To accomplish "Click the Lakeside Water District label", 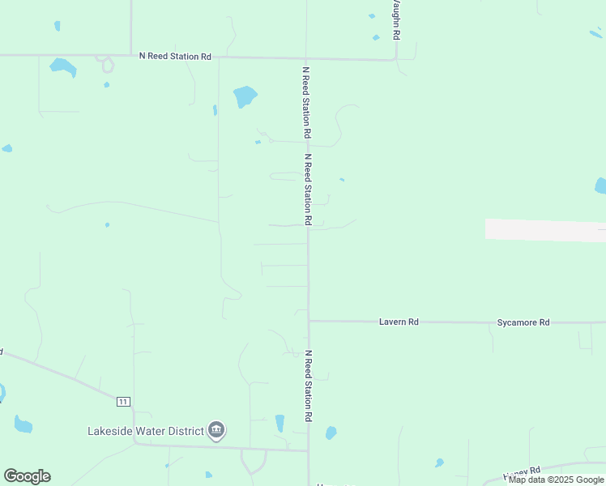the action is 146,431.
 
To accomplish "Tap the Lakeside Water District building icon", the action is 216,430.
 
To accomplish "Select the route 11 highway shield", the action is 123,402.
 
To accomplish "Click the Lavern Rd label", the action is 399,322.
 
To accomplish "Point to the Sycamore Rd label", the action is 523,322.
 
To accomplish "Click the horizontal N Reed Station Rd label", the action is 175,56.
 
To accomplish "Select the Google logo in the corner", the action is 27,476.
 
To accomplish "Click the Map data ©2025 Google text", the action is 556,480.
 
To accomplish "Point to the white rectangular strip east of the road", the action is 545,230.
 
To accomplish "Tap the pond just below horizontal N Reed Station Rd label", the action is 245,97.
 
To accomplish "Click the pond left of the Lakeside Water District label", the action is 23,424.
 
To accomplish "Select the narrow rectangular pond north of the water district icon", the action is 280,423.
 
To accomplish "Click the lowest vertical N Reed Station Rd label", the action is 308,386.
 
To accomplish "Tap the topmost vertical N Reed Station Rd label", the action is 307,100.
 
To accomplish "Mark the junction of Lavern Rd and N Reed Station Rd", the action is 308,321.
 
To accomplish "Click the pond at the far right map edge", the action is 600,186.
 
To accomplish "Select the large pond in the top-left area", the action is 62,67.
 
